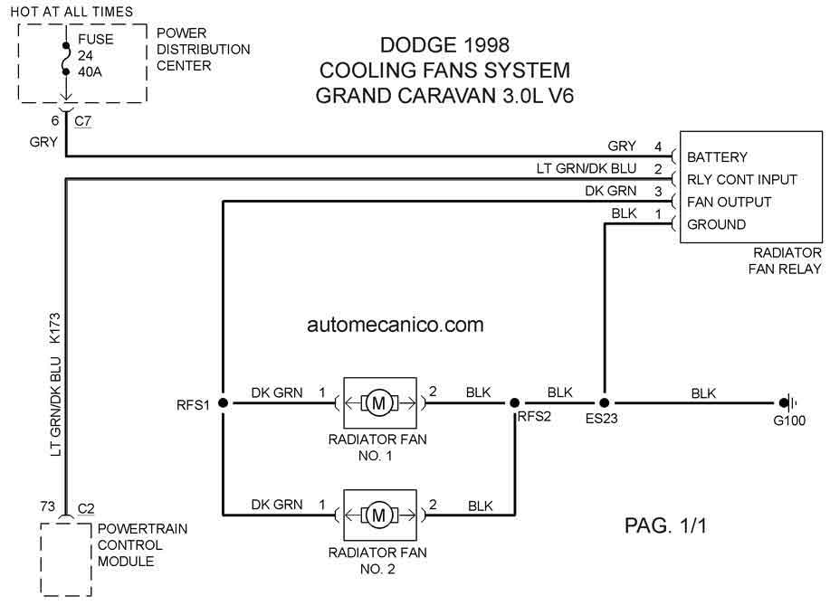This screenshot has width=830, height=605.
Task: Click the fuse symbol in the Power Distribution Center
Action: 66,58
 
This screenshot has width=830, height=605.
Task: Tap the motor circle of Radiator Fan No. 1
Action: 379,403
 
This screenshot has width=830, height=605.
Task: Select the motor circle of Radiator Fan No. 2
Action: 379,515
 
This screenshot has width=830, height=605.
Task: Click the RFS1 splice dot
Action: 224,403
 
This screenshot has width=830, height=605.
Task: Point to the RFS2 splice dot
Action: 514,403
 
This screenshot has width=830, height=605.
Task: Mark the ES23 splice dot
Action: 605,403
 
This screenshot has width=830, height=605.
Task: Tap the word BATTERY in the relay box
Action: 717,157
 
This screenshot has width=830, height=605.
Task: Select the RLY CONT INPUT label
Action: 741,180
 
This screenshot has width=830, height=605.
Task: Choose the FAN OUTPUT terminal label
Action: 729,202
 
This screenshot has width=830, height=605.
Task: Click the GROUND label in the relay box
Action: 716,225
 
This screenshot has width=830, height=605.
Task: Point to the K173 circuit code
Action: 55,329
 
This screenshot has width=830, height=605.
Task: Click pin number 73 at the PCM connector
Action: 48,506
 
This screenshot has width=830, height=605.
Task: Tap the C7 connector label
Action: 83,121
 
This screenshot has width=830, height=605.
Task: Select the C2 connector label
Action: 86,509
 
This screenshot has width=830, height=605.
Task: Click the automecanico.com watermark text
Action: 396,325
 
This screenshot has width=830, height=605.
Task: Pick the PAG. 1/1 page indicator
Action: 665,525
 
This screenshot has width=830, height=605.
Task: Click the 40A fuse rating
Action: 90,72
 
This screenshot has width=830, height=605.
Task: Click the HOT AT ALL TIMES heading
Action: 72,12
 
